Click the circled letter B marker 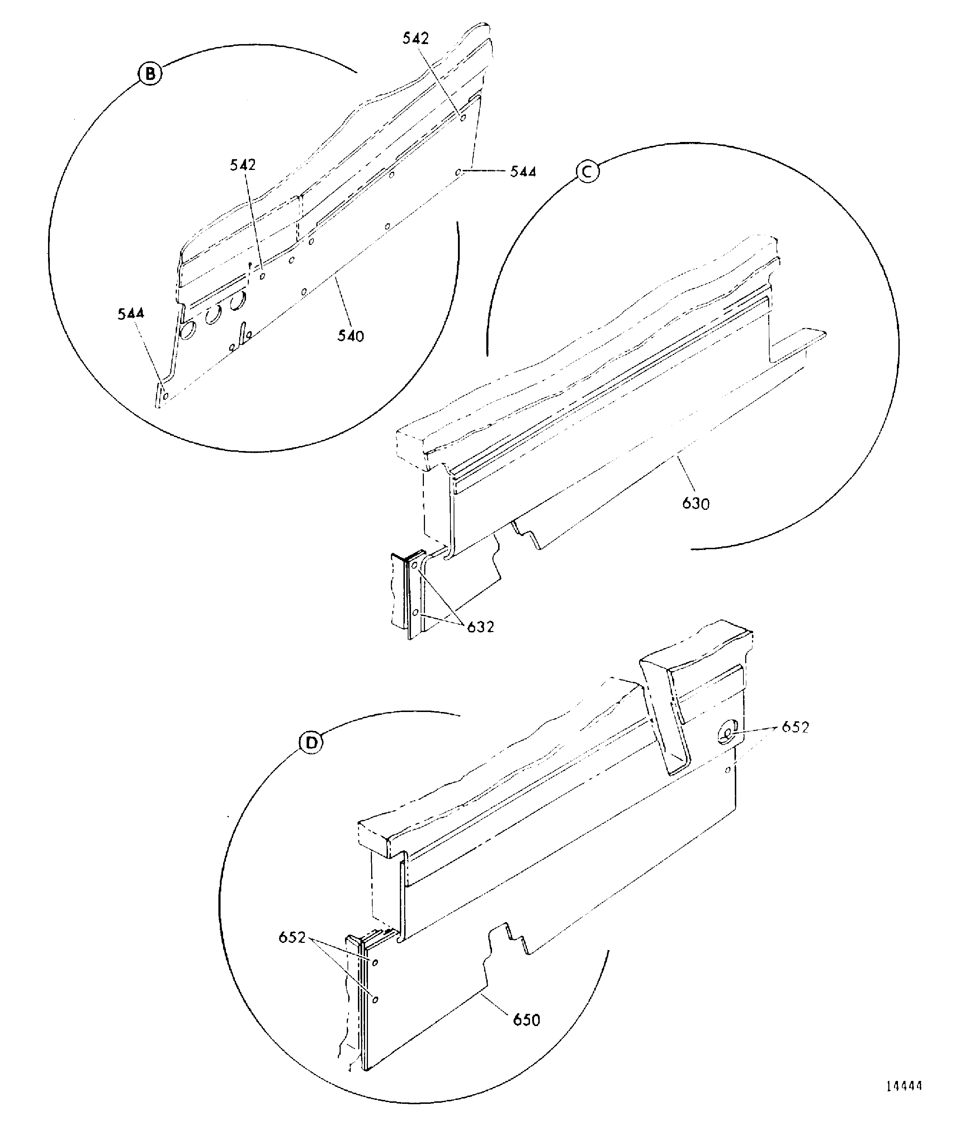150,74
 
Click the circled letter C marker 587,171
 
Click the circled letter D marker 311,743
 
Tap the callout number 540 351,336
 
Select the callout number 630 696,504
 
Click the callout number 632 481,627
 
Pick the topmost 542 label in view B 416,38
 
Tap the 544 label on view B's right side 523,172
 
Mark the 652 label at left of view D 292,937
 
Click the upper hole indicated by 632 415,565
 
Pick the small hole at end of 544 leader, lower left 166,395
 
